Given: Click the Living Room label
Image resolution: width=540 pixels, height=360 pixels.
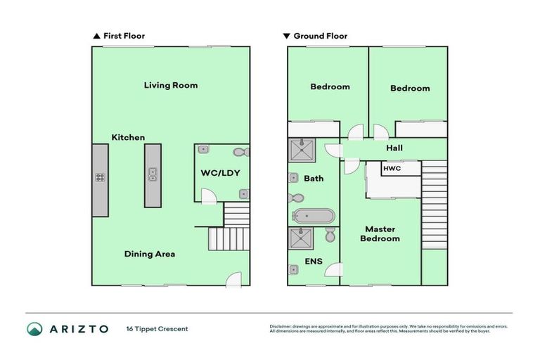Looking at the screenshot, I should tap(171, 85).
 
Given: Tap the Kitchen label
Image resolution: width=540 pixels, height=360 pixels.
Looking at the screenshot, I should tap(128, 137).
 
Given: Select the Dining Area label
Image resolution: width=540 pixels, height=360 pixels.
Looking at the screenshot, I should tap(150, 254).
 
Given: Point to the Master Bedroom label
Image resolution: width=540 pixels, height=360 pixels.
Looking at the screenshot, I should tap(380, 233).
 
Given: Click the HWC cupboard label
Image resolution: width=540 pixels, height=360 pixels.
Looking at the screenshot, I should tap(391, 169).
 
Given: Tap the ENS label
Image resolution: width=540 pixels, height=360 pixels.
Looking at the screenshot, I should tap(313, 262).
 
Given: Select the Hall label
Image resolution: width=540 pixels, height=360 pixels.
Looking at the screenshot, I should tap(394, 148).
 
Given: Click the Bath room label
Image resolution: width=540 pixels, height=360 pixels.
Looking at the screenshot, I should tap(314, 179).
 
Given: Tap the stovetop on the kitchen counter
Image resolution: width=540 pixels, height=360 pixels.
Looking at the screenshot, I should tap(100, 178).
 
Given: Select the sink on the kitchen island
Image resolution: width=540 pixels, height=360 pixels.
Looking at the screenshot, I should tap(152, 174).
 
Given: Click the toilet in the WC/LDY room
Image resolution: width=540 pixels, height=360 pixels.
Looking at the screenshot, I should tap(240, 152).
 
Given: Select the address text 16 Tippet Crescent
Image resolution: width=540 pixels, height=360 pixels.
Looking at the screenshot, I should tap(157, 329).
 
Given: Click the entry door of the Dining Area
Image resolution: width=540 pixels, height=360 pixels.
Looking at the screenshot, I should tap(233, 281).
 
